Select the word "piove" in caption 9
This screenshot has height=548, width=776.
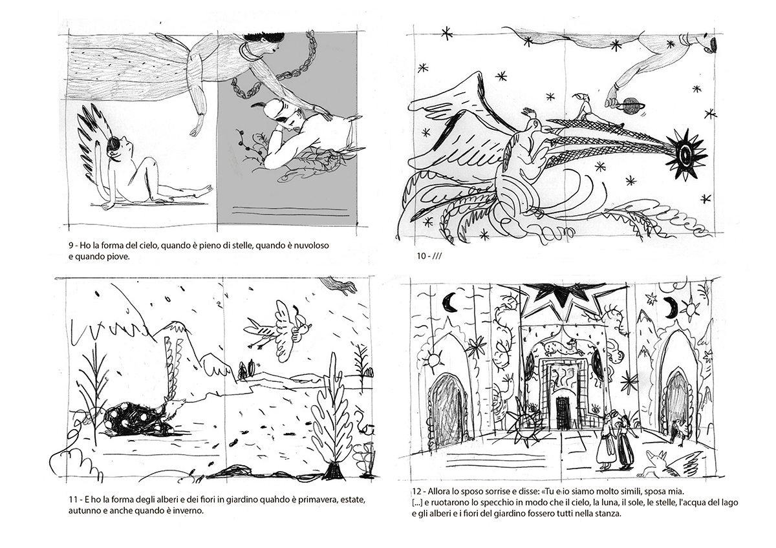(123, 257)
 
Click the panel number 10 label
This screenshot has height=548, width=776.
(429, 256)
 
